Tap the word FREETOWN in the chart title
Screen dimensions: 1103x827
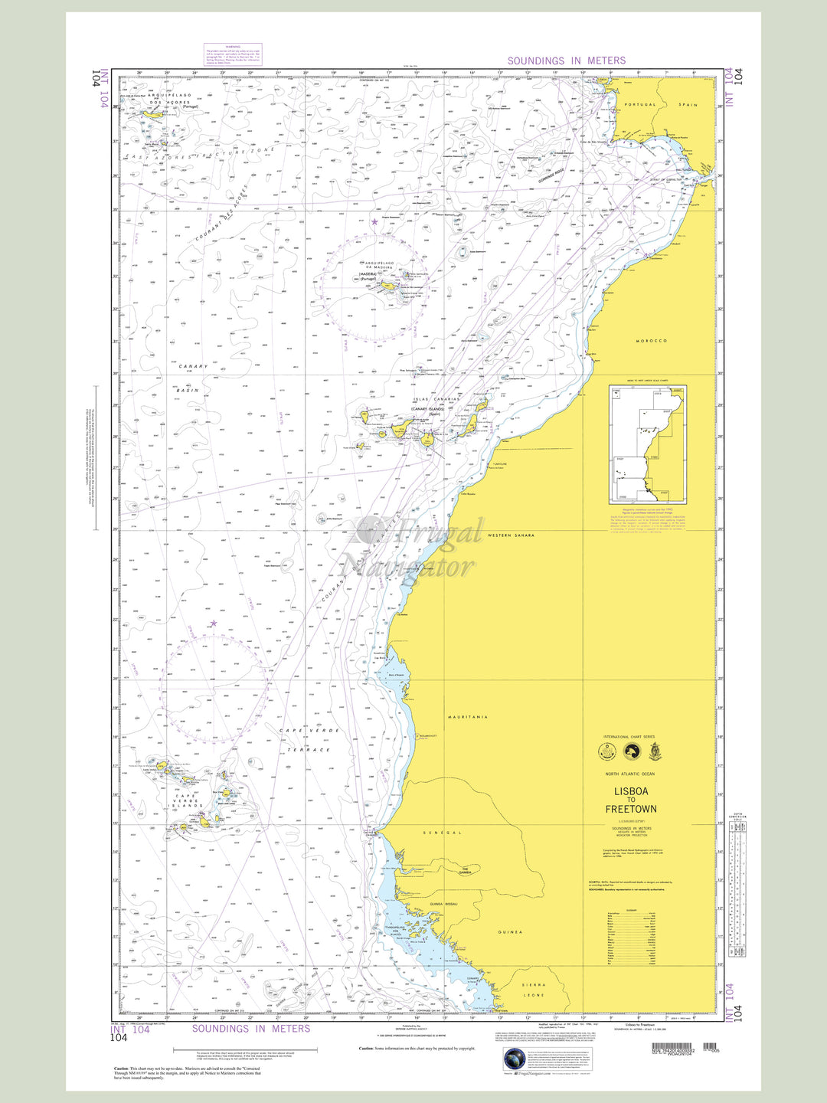(x=631, y=809)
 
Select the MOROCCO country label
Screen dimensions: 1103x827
(x=652, y=341)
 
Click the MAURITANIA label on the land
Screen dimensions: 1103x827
(x=468, y=717)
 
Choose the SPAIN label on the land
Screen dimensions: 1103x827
(x=688, y=105)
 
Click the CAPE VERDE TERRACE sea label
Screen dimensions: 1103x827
(x=305, y=740)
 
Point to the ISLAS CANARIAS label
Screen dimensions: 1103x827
(x=436, y=399)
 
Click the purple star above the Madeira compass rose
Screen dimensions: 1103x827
(x=374, y=221)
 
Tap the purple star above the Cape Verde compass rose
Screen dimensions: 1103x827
(x=214, y=624)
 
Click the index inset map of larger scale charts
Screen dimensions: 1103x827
(x=647, y=444)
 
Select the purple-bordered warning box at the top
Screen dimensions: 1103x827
(x=233, y=54)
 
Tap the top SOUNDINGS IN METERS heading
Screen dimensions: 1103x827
(x=566, y=61)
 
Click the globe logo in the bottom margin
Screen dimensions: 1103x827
(x=515, y=1060)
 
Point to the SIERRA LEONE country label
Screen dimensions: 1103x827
(x=534, y=990)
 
